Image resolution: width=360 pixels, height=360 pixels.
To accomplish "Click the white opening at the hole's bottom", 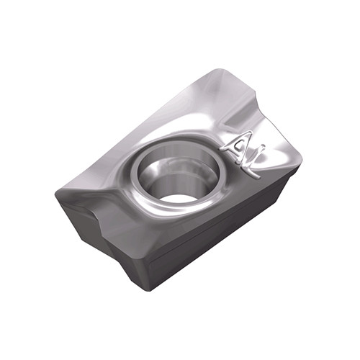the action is [x=175, y=200].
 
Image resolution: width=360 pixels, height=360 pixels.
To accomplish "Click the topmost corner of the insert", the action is [x=217, y=69].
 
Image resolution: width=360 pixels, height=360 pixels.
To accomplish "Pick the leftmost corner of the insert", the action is [x=55, y=194].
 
